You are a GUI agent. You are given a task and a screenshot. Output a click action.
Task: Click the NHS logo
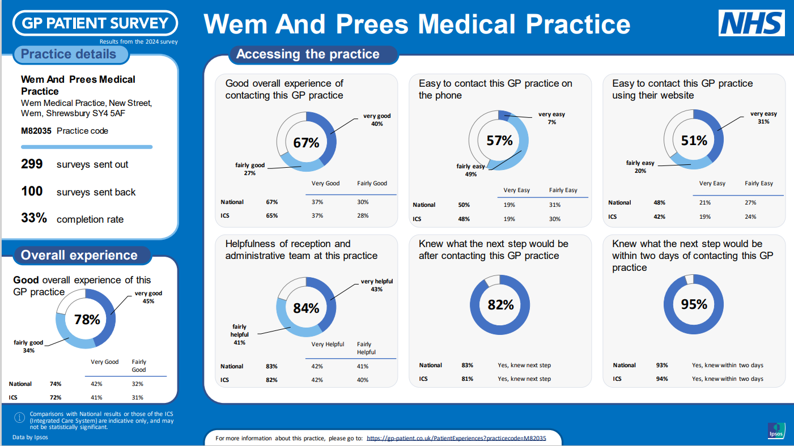(751, 23)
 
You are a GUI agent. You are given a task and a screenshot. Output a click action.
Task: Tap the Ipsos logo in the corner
(776, 431)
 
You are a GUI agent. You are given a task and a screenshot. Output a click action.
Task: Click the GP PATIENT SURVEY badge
(95, 23)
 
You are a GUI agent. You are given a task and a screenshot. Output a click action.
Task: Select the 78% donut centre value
(87, 320)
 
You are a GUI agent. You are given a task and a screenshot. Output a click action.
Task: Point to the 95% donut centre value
(694, 304)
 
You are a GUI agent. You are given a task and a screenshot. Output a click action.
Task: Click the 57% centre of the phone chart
(499, 141)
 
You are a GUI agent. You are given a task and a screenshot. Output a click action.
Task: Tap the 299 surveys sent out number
(32, 164)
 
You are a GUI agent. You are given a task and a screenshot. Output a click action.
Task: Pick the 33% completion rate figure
(33, 218)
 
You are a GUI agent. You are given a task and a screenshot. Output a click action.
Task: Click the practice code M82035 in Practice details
(37, 131)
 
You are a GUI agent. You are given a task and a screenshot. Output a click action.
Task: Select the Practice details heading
(69, 54)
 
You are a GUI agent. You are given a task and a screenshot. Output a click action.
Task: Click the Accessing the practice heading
(308, 54)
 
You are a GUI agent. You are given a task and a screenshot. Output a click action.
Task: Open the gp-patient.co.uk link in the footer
(456, 438)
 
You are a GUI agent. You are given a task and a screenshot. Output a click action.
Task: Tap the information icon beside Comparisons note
(20, 418)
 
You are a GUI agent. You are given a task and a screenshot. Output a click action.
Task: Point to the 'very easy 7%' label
(551, 118)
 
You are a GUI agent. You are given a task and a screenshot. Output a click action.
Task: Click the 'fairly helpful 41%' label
(239, 334)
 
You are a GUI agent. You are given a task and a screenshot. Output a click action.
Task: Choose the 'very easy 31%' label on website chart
(763, 117)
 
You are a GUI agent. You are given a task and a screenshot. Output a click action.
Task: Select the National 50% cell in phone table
(464, 205)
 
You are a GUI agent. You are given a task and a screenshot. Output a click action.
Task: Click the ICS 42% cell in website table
(659, 216)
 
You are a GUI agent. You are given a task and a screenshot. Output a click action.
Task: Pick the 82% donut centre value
(500, 305)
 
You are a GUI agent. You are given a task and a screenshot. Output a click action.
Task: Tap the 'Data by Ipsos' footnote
(30, 437)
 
